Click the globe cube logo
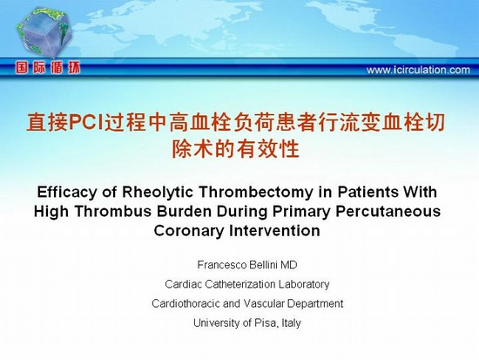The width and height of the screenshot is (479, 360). click(44, 32)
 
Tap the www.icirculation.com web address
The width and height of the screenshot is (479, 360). click(418, 70)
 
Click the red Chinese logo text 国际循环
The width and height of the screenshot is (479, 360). click(48, 68)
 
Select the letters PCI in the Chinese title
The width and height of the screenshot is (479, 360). click(86, 123)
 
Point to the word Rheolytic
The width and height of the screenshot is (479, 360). click(158, 193)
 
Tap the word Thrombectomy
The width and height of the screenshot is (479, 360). click(256, 193)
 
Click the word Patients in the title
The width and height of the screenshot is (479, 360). click(368, 192)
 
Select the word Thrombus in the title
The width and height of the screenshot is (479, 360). click(113, 211)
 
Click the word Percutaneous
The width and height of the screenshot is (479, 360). click(388, 211)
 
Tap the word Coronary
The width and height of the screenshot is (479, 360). click(189, 231)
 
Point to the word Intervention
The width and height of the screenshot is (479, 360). click(274, 231)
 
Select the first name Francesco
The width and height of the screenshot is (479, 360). click(222, 265)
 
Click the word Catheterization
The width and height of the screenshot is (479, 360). click(240, 284)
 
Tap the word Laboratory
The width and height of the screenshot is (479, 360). click(304, 284)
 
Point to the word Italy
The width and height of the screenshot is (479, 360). click(291, 323)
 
